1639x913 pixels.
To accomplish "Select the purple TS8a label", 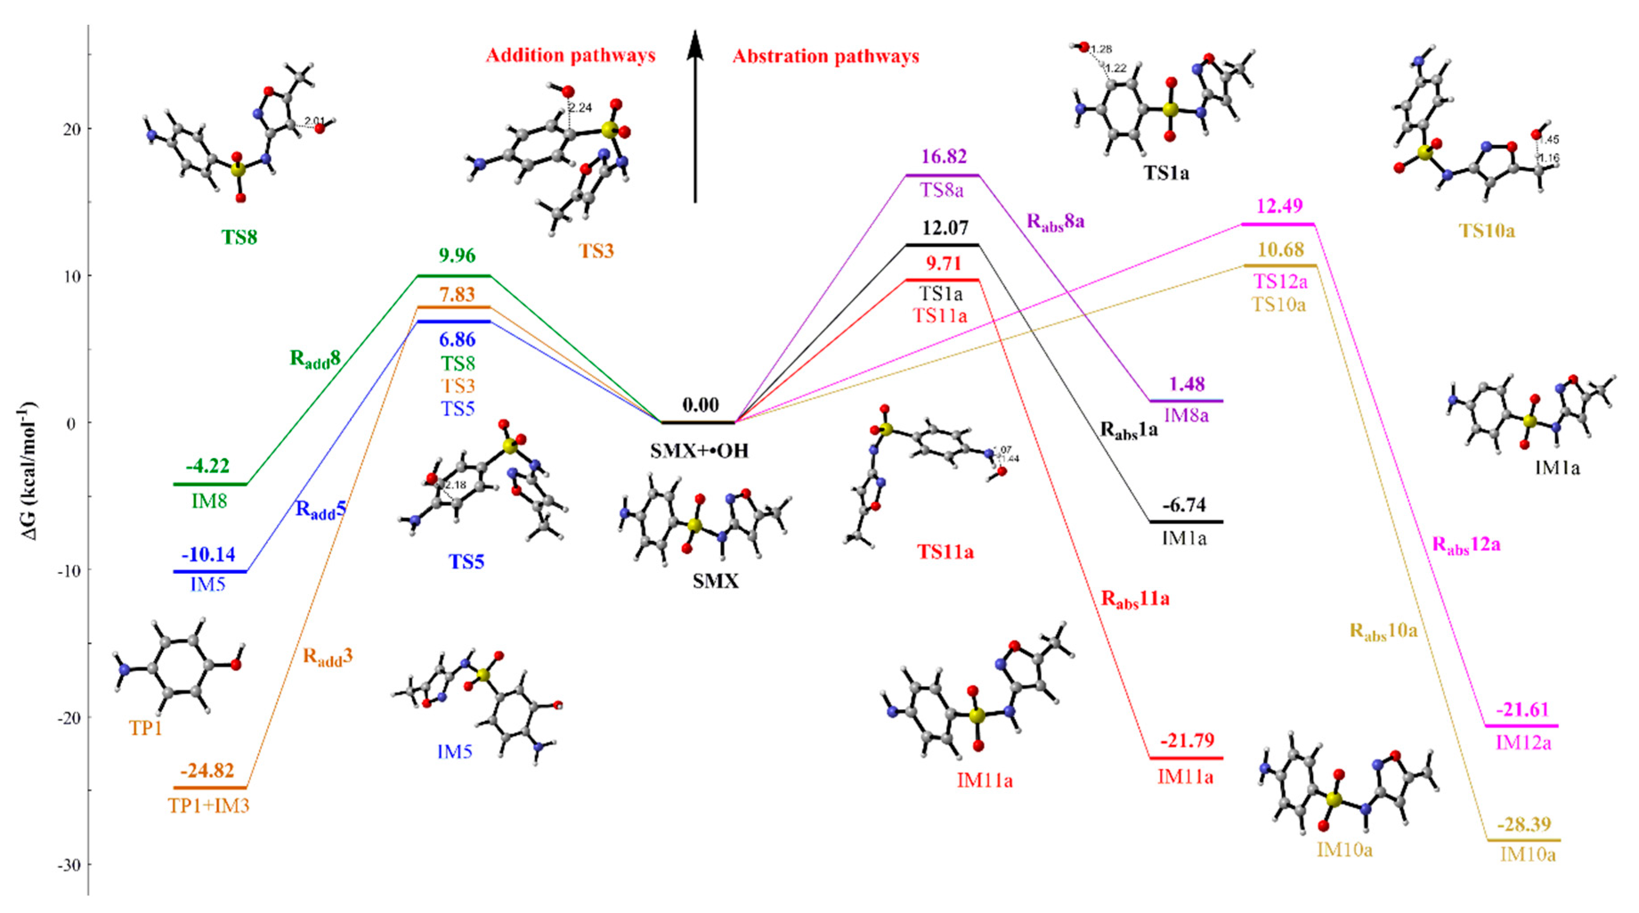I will tap(942, 190).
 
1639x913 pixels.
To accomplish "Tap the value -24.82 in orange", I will tap(207, 771).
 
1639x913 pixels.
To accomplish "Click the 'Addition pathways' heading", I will tap(570, 56).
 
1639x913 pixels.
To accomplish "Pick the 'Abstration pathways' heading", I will tap(825, 57).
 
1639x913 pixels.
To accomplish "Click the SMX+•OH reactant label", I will tap(699, 451).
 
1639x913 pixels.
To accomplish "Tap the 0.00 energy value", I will tap(700, 405).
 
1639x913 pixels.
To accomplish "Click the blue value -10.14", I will tap(208, 555).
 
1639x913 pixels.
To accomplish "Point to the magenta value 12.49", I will tap(1279, 206).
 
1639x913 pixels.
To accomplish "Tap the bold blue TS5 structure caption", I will tap(466, 562).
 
